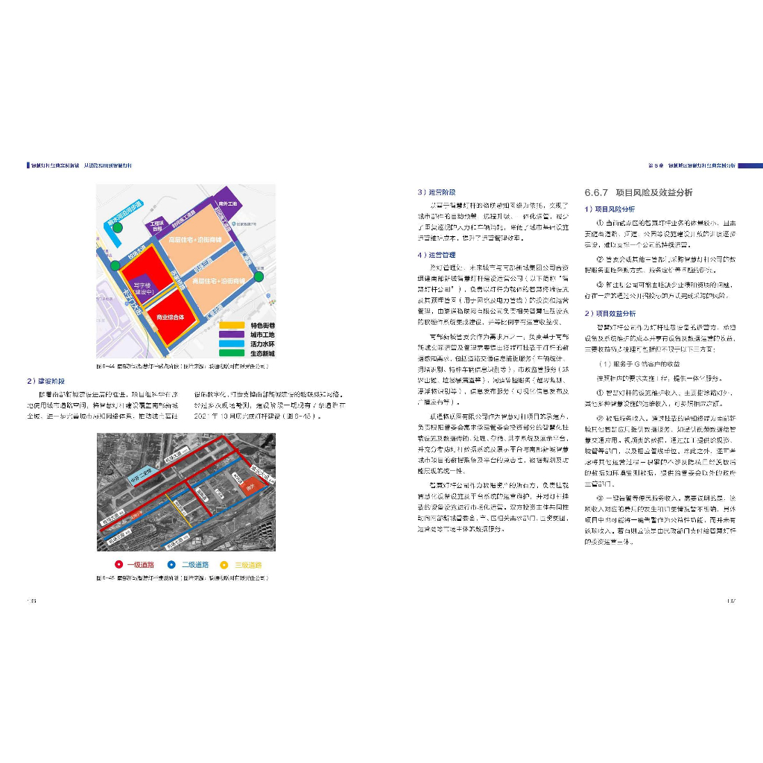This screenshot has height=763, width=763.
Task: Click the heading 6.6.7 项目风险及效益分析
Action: pos(639,192)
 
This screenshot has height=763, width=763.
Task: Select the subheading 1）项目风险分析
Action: pos(610,209)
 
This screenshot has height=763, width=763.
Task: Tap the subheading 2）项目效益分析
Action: pos(610,314)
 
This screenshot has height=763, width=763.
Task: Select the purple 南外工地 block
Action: pos(227,203)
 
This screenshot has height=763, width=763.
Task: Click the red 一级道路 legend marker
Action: pos(118,565)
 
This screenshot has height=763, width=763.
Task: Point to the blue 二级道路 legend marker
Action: pos(171,565)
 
